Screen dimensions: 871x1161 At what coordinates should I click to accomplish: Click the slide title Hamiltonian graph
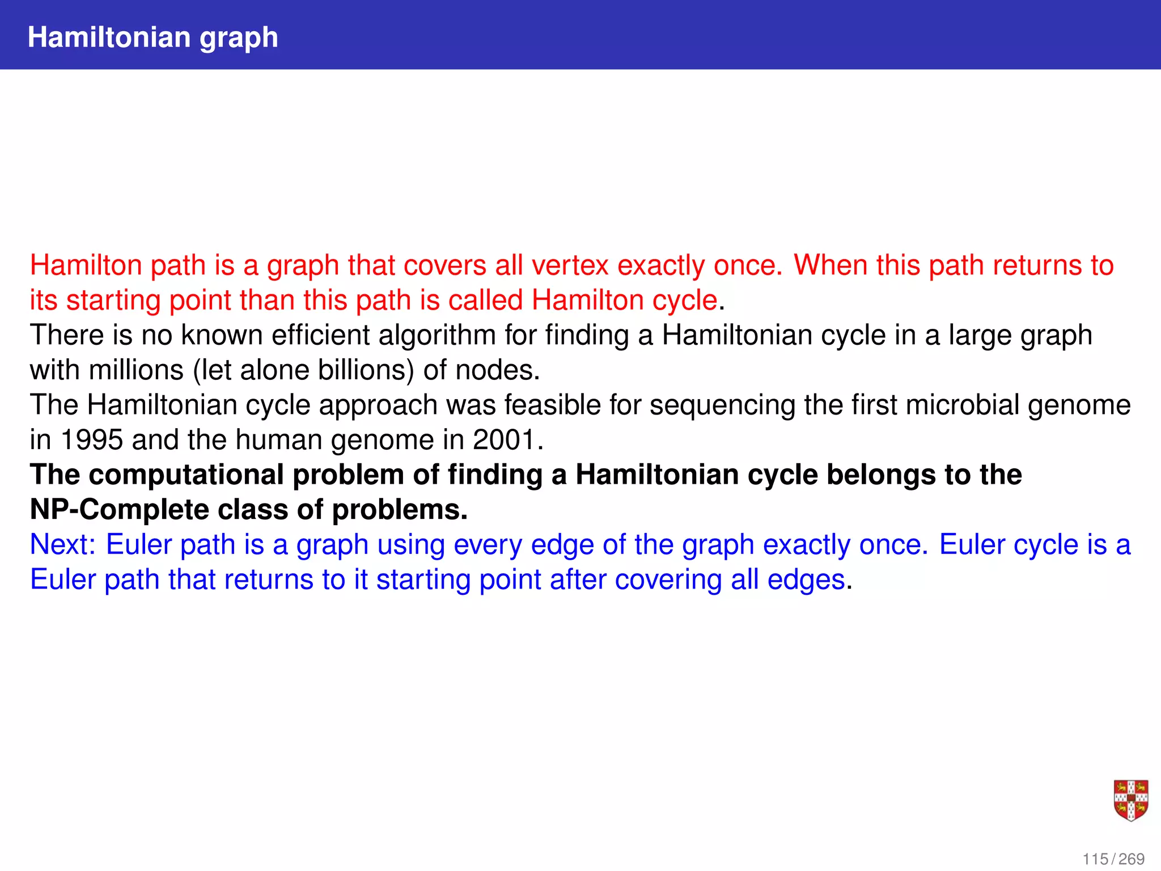point(153,37)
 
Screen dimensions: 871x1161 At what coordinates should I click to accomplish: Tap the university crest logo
point(1130,800)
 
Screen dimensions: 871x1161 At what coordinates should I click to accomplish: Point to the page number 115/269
point(1113,859)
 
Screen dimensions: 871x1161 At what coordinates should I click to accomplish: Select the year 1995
point(91,440)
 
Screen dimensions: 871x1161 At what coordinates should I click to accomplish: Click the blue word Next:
point(63,545)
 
